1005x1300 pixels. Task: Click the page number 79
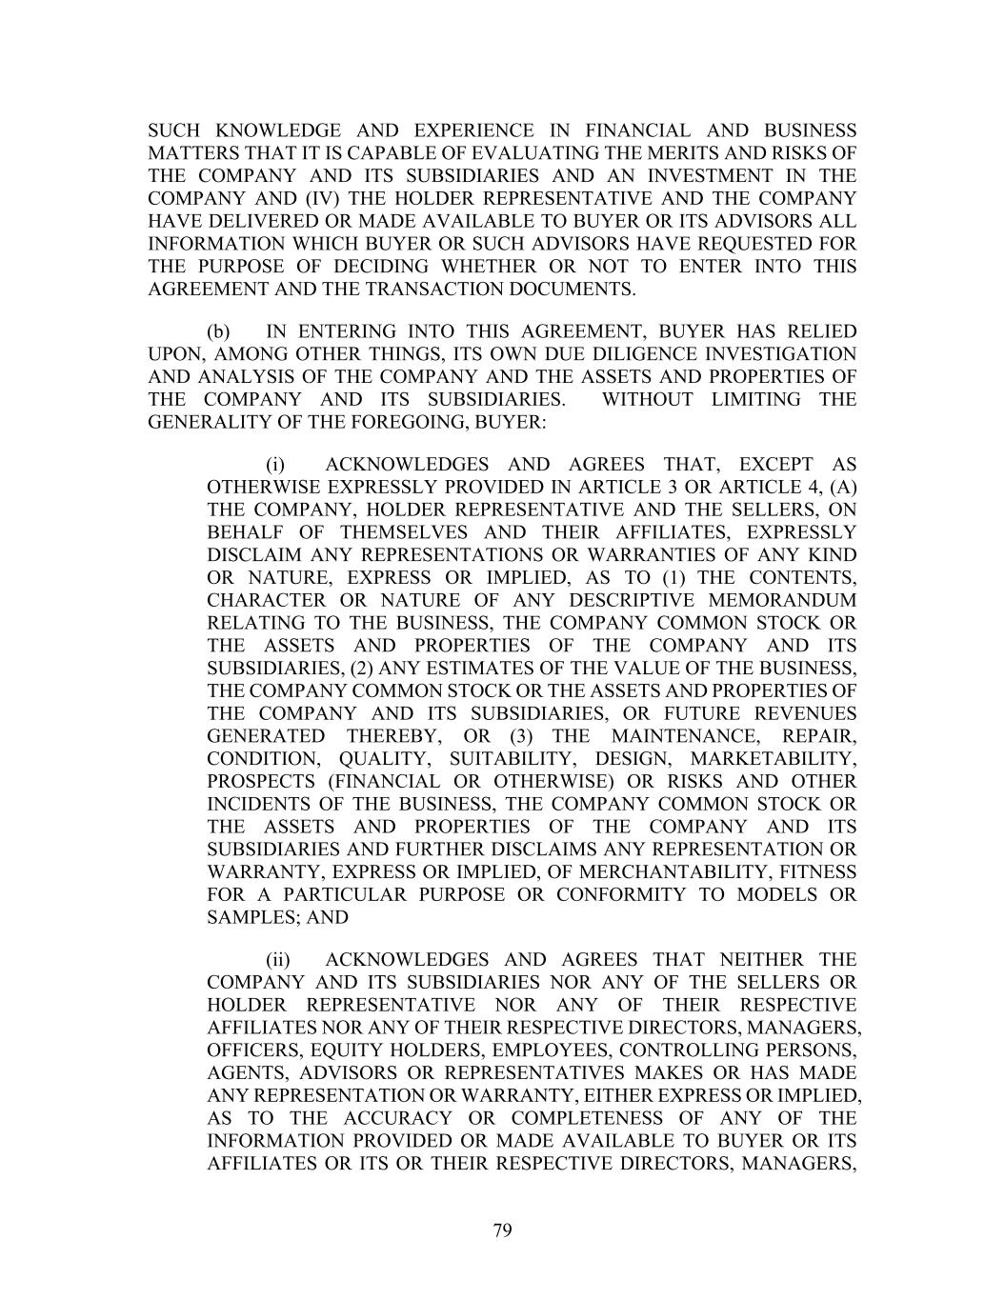coord(503,1230)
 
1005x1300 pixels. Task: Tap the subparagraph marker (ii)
coord(278,959)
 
